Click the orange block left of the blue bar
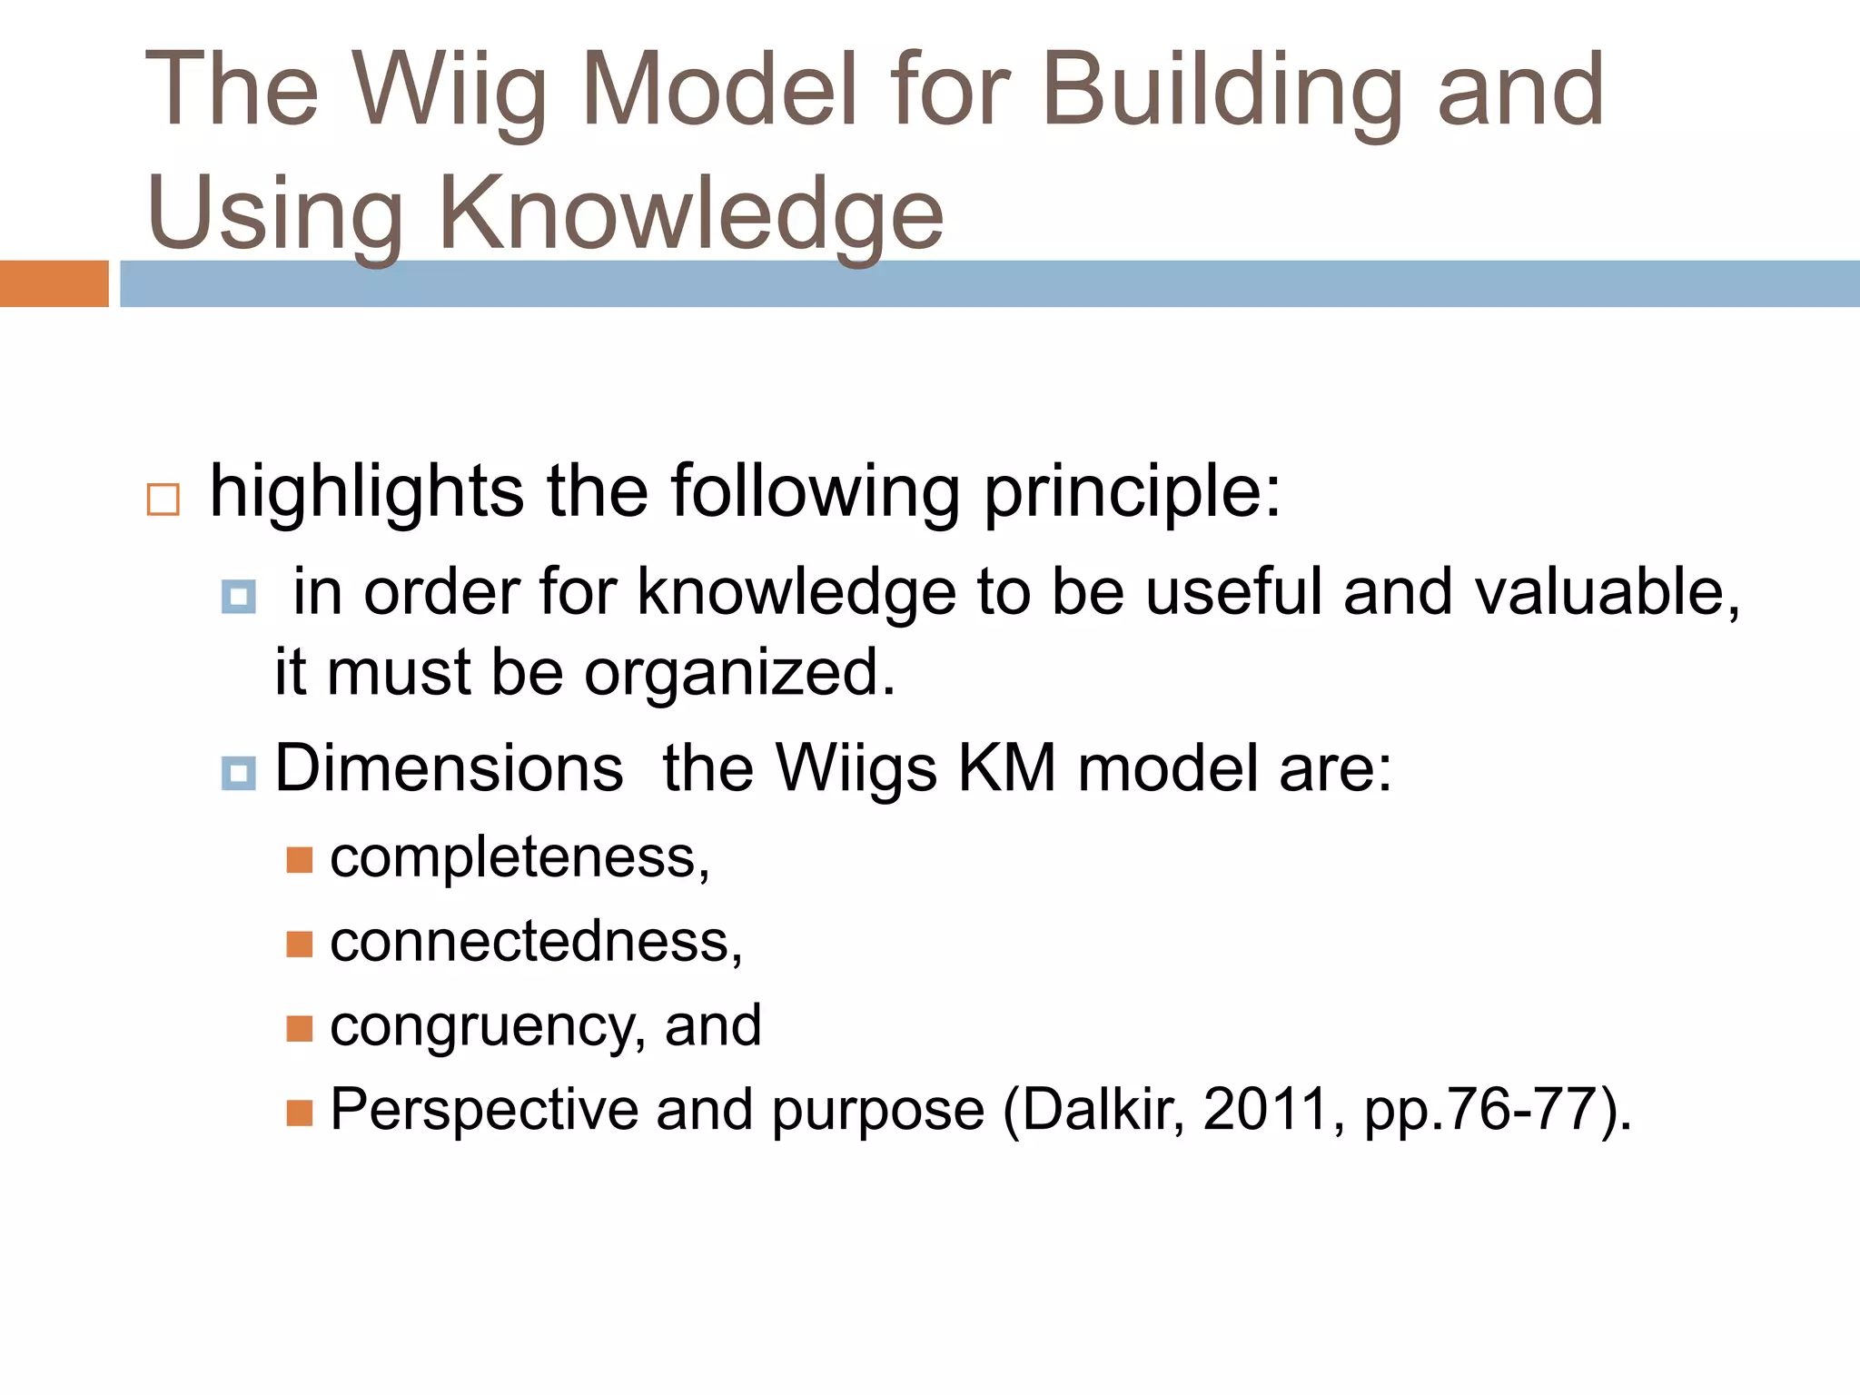click(x=54, y=283)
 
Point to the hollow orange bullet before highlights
click(x=163, y=500)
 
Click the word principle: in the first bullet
click(x=1132, y=492)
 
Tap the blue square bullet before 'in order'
click(x=239, y=597)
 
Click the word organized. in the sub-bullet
click(x=739, y=673)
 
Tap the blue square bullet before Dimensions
click(x=239, y=774)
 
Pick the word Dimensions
click(x=449, y=768)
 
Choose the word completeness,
click(x=519, y=857)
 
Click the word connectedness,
click(x=536, y=942)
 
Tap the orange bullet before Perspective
click(x=300, y=1113)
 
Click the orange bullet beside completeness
click(x=300, y=859)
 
